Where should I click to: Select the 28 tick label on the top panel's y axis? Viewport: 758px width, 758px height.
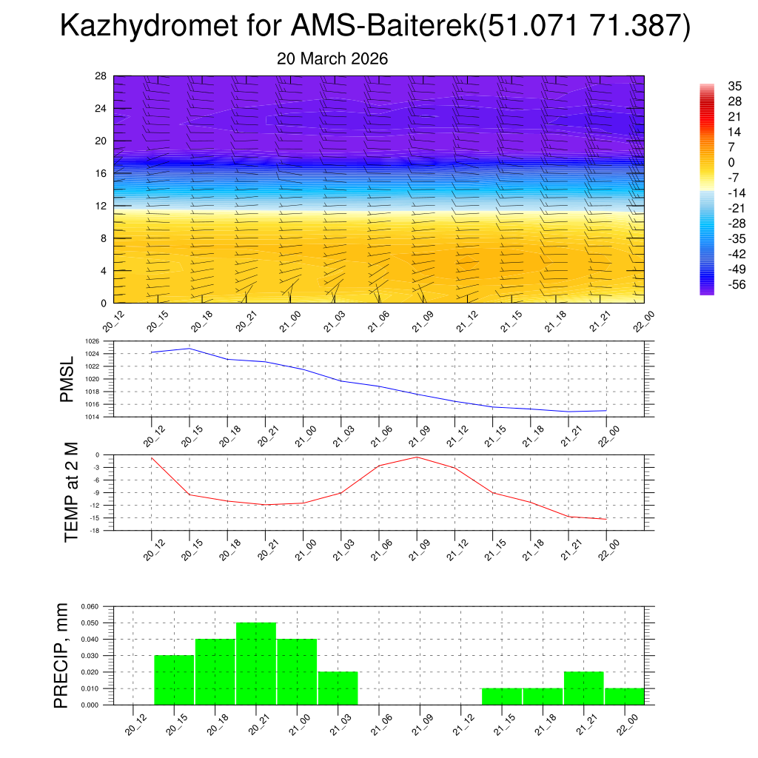point(101,76)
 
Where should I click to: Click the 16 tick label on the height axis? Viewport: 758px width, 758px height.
point(101,173)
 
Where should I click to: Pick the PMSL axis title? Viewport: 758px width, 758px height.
point(67,379)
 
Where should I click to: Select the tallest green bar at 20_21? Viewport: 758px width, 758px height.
point(256,664)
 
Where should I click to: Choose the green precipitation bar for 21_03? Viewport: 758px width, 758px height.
point(338,688)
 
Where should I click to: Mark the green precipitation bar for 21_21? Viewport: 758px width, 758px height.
point(583,688)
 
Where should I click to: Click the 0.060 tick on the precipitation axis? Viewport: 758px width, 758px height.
point(90,606)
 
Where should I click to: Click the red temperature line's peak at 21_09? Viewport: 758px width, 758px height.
point(417,457)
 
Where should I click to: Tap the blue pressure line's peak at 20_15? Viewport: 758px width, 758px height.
point(189,349)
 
